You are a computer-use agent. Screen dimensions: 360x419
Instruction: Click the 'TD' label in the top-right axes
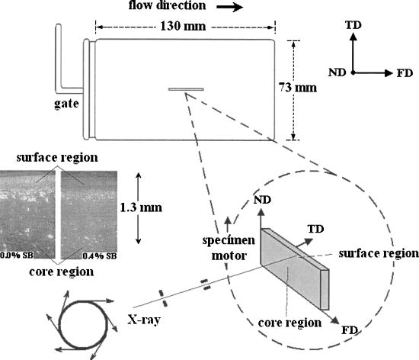point(353,25)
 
